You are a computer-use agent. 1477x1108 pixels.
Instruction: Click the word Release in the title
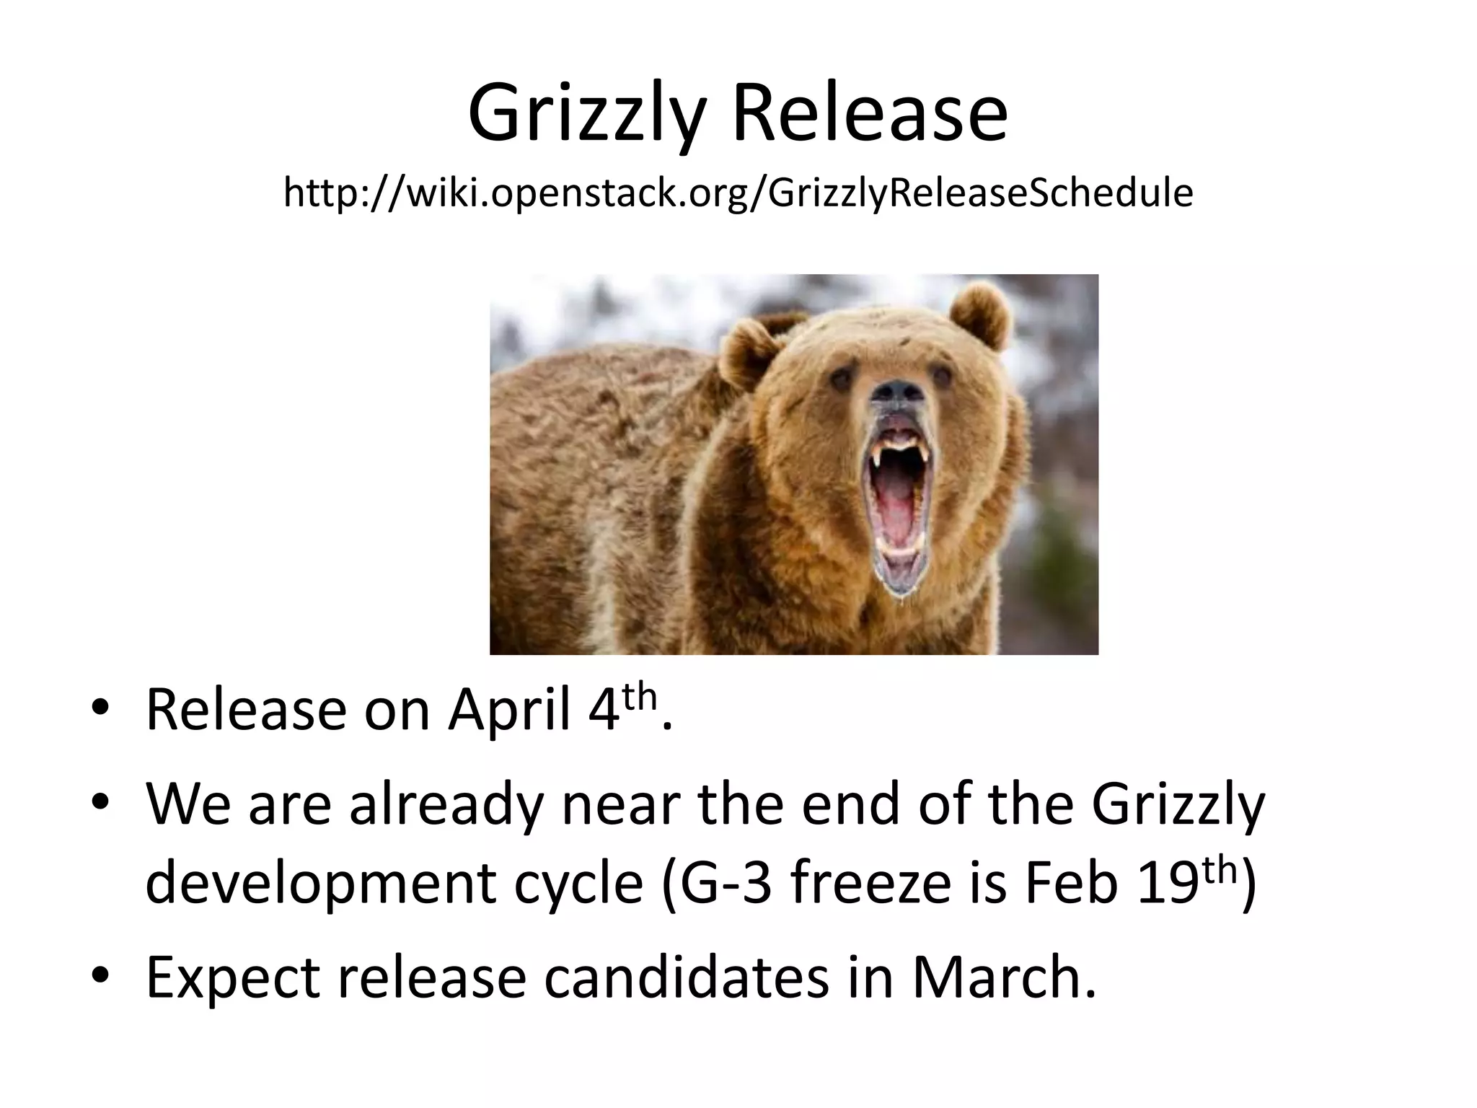[x=870, y=114]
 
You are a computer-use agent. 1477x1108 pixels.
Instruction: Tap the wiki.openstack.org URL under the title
[x=738, y=193]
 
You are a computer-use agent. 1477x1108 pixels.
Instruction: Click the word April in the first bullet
[x=509, y=711]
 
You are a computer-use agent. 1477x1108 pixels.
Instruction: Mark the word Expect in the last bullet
[x=233, y=980]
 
